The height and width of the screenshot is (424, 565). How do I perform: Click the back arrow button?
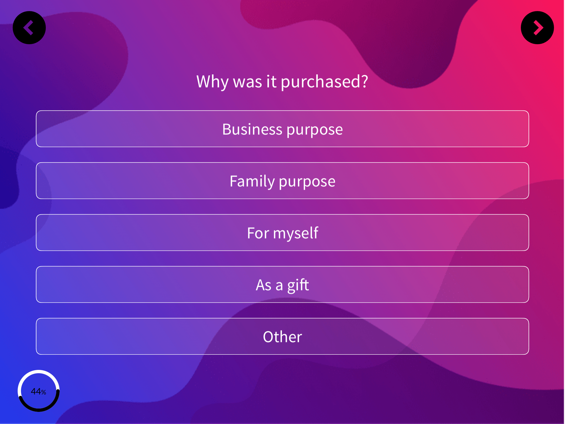[x=29, y=28]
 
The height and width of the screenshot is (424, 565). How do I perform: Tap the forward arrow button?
[x=537, y=28]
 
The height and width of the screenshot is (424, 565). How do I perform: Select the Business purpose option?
[x=282, y=129]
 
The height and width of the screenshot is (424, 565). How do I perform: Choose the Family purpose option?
[x=282, y=181]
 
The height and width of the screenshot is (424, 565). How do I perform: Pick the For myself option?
[x=282, y=232]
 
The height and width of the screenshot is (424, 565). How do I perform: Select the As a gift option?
[x=282, y=284]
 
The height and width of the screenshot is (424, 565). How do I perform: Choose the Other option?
[x=282, y=336]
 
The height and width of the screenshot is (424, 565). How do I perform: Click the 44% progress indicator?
[x=39, y=391]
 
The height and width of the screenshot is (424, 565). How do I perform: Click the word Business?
[x=252, y=129]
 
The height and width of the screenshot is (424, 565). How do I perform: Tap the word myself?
[x=296, y=233]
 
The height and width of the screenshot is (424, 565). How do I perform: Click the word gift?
[x=298, y=285]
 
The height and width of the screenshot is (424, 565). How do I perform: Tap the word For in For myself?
[x=258, y=233]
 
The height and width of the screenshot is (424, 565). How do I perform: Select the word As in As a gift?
[x=264, y=285]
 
